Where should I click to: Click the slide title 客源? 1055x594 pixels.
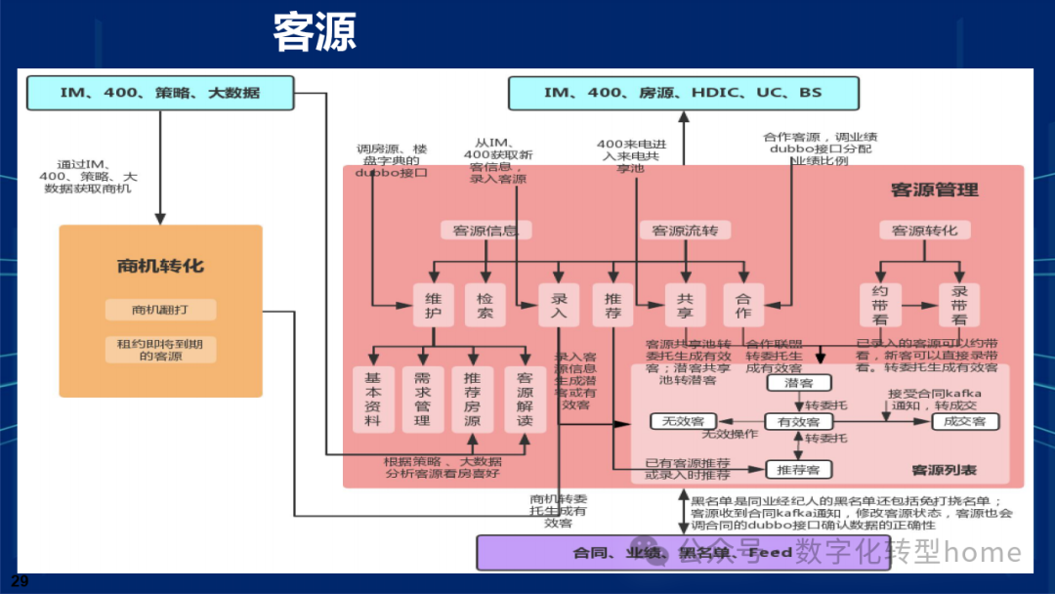pyautogui.click(x=315, y=33)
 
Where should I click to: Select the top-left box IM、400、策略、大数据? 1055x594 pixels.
pyautogui.click(x=159, y=94)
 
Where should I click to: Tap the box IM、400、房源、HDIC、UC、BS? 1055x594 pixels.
pyautogui.click(x=683, y=94)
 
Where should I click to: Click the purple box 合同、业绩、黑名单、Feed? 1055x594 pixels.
pyautogui.click(x=682, y=553)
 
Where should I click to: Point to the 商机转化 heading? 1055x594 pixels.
pyautogui.click(x=160, y=266)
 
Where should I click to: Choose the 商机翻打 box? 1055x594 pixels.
pyautogui.click(x=160, y=310)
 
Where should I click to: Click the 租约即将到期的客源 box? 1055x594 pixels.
pyautogui.click(x=160, y=349)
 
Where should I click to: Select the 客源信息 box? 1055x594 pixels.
pyautogui.click(x=485, y=231)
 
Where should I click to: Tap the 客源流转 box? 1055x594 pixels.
pyautogui.click(x=685, y=231)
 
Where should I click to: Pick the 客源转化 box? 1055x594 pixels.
pyautogui.click(x=925, y=231)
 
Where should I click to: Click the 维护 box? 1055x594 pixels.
pyautogui.click(x=433, y=304)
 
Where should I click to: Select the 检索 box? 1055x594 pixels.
pyautogui.click(x=485, y=304)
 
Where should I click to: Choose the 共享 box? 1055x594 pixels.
pyautogui.click(x=685, y=304)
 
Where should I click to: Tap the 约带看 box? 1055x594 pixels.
pyautogui.click(x=879, y=304)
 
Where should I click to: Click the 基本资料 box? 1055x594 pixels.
pyautogui.click(x=373, y=399)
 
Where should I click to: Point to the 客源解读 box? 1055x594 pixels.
pyautogui.click(x=525, y=399)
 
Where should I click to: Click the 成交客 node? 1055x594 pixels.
pyautogui.click(x=965, y=421)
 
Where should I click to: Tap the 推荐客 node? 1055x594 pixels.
pyautogui.click(x=798, y=470)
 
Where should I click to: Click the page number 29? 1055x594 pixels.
pyautogui.click(x=20, y=581)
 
